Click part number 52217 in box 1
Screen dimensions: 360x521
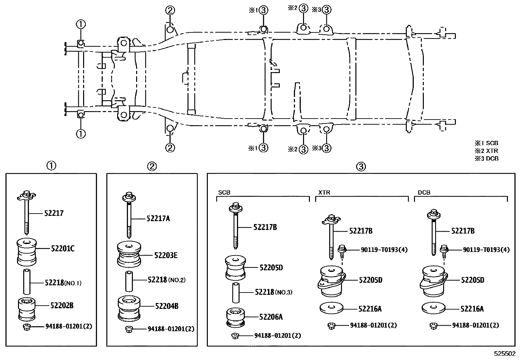[x=54, y=213]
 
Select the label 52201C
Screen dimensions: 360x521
[x=63, y=249]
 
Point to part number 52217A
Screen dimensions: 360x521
[x=158, y=218]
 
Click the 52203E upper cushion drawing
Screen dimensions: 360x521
[x=129, y=254]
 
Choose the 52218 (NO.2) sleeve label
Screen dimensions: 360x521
[x=166, y=280]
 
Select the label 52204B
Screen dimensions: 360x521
[x=167, y=306]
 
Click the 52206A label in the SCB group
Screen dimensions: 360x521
[x=271, y=317]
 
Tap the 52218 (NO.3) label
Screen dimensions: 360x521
[x=273, y=292]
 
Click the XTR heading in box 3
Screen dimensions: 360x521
[x=324, y=193]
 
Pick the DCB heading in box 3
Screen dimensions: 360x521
[x=424, y=193]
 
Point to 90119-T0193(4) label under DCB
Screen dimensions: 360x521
[x=486, y=250]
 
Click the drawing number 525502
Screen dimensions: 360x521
[x=505, y=354]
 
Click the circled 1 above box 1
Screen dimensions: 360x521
[x=51, y=166]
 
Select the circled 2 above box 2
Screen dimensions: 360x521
[x=152, y=166]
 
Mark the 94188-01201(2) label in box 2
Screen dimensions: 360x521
[x=171, y=329]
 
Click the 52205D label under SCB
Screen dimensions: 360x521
[x=271, y=268]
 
